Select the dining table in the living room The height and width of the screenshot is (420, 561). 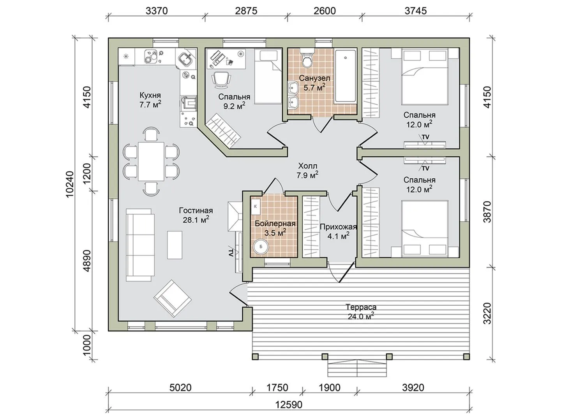(x=151, y=161)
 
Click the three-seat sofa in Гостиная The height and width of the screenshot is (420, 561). (x=140, y=245)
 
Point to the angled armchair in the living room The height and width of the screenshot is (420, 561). (x=173, y=299)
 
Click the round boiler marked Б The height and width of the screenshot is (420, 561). (x=261, y=247)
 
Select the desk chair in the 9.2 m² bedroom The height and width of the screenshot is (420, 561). (x=221, y=79)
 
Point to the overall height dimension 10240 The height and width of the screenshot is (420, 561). (x=70, y=184)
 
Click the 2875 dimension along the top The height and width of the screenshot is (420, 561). (x=246, y=11)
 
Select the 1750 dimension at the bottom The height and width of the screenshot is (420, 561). (x=277, y=388)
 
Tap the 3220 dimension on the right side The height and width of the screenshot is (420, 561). (x=487, y=313)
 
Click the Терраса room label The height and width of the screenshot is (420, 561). (x=361, y=307)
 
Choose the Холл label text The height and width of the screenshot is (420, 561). (x=307, y=166)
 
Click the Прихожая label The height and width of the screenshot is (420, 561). (x=338, y=227)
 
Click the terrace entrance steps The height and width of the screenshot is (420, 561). (x=357, y=368)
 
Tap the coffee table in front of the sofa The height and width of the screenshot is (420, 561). (x=175, y=245)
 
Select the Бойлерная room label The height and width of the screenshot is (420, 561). (x=275, y=224)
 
